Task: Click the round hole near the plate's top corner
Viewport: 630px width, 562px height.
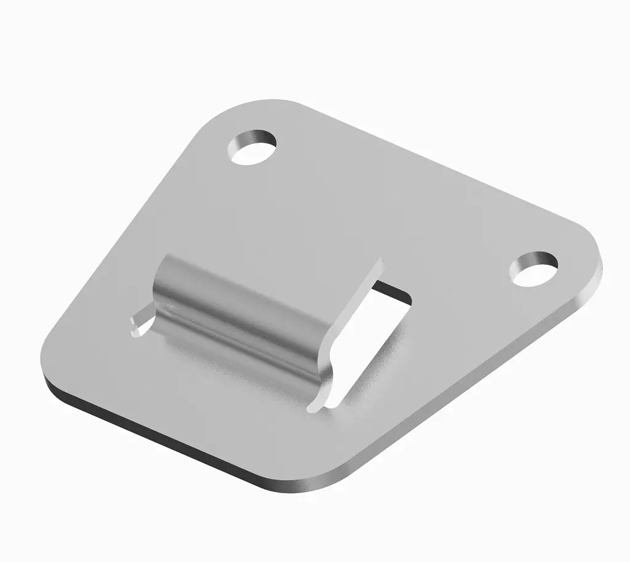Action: [252, 148]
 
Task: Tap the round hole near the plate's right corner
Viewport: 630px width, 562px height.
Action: [534, 270]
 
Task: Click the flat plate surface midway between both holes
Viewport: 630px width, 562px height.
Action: [394, 203]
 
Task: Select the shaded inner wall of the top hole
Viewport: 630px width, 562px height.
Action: [249, 139]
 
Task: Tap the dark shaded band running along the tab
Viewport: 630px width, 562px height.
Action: [246, 332]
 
